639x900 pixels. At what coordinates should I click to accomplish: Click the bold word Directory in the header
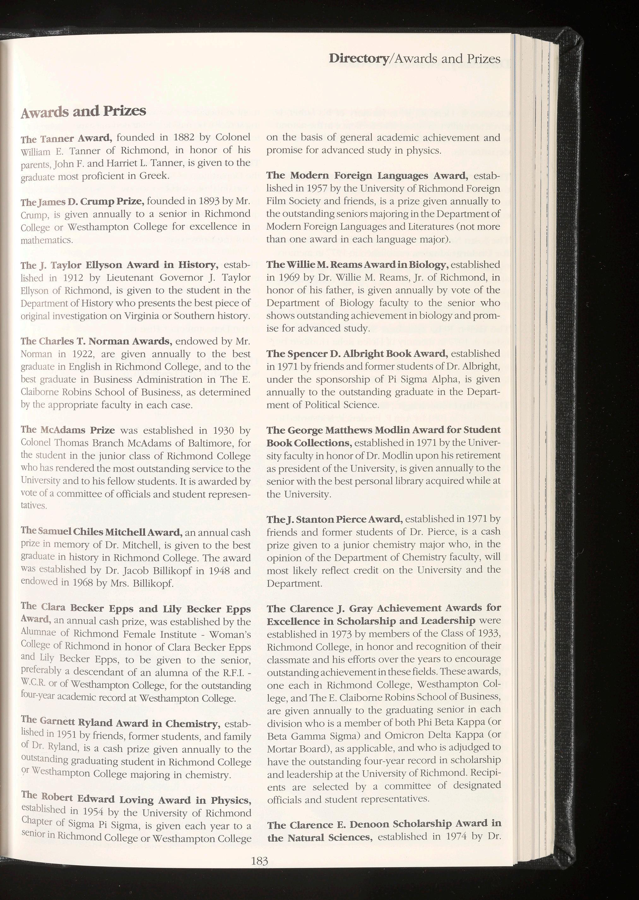click(x=358, y=59)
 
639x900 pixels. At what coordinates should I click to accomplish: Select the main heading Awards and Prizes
click(x=83, y=112)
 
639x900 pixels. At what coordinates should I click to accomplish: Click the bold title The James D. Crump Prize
click(x=83, y=202)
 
